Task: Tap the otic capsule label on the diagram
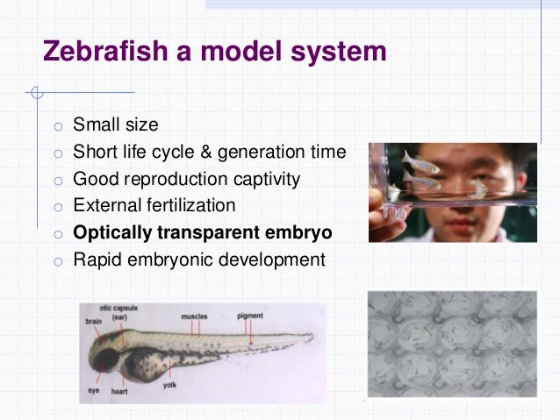[x=121, y=311]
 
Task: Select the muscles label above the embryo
[x=195, y=316]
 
